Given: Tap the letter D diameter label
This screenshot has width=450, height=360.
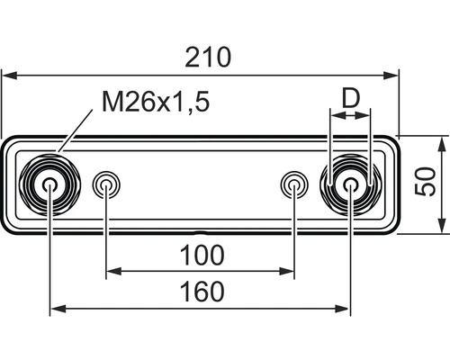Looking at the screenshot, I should (x=351, y=98).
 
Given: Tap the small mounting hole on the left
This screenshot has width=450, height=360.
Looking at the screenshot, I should (x=107, y=185).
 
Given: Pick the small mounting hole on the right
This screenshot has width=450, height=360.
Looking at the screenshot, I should (x=294, y=185).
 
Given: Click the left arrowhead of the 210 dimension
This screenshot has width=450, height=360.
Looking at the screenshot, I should (x=7, y=76).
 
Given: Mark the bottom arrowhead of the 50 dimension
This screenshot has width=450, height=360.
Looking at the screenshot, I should (x=443, y=227).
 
